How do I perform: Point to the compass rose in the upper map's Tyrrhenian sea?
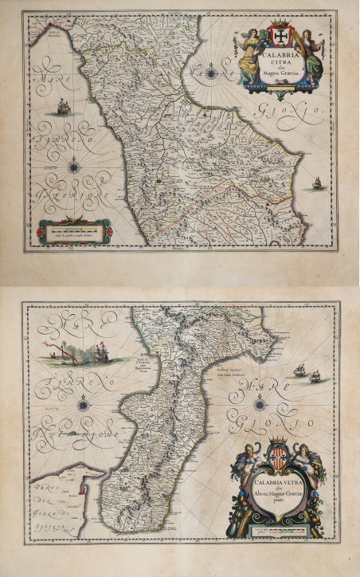74,167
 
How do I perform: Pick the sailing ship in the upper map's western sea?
62,106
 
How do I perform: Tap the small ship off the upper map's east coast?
316,183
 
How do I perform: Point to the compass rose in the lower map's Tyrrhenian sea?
83,405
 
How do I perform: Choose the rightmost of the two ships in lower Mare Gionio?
315,375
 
